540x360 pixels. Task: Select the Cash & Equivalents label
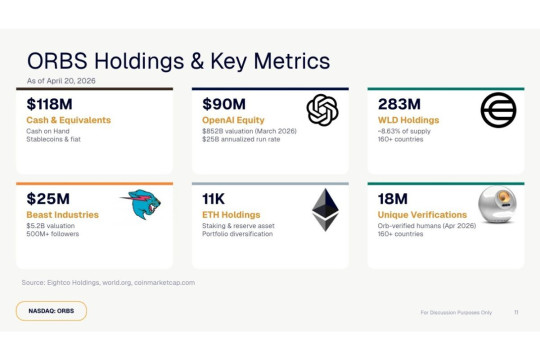click(x=68, y=120)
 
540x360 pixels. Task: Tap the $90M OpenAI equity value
click(x=224, y=103)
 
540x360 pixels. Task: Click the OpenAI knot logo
click(x=323, y=110)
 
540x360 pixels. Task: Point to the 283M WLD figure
click(x=399, y=103)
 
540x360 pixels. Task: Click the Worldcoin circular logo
click(x=498, y=110)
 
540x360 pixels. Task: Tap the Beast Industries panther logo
click(x=141, y=205)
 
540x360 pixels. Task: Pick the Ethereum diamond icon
click(x=325, y=208)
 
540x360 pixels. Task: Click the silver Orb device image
click(x=496, y=206)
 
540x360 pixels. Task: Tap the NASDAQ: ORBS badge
click(x=51, y=311)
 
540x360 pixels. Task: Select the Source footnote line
click(x=108, y=283)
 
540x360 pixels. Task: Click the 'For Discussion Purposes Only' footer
click(x=456, y=311)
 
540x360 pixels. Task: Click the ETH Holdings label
click(x=231, y=215)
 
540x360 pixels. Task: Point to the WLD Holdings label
click(x=412, y=120)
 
